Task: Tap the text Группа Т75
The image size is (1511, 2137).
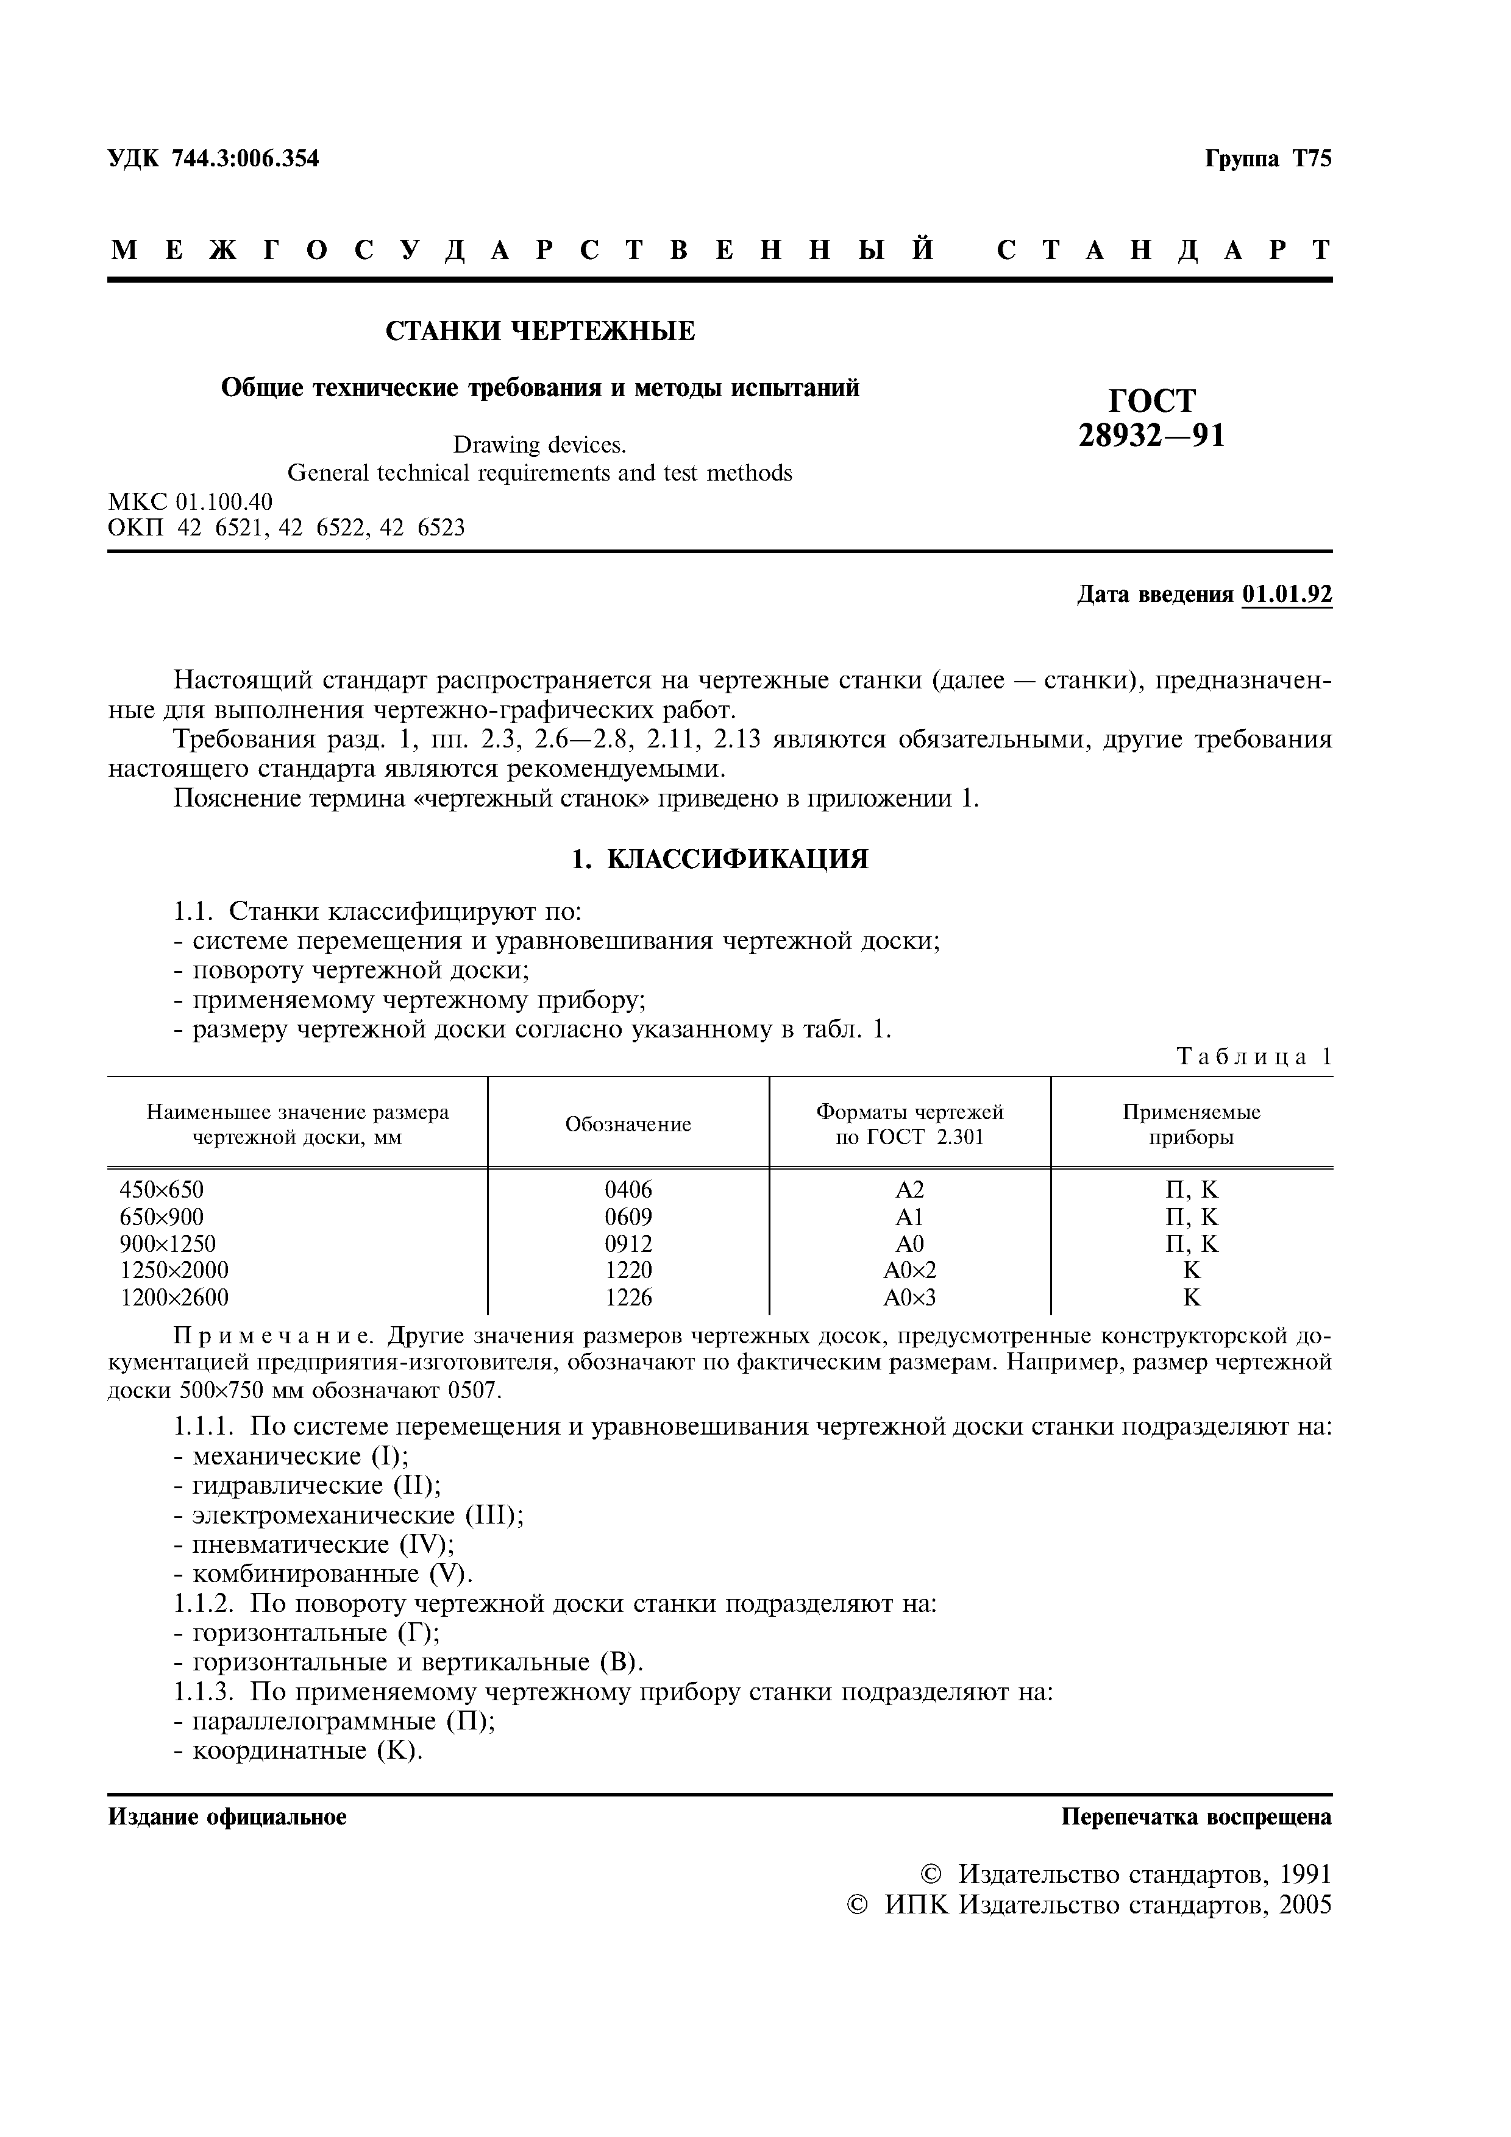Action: pyautogui.click(x=1268, y=159)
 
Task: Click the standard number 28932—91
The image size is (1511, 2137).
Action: pyautogui.click(x=1151, y=436)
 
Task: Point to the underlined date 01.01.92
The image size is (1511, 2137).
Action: pyautogui.click(x=1287, y=595)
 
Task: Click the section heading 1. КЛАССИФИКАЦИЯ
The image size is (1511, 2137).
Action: pyautogui.click(x=719, y=859)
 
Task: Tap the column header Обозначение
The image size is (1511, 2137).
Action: pyautogui.click(x=628, y=1125)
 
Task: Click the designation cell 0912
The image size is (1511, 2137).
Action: pyautogui.click(x=628, y=1243)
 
